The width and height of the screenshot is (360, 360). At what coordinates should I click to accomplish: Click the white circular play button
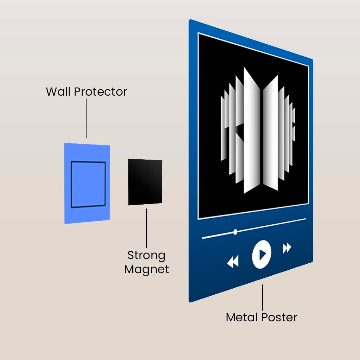click(x=262, y=254)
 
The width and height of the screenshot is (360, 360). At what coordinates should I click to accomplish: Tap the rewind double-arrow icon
click(x=233, y=262)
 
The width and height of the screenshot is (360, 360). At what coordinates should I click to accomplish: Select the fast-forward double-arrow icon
click(x=287, y=248)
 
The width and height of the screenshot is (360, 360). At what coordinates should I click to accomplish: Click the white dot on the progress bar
click(x=235, y=232)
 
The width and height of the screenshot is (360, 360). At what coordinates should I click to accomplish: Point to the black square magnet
click(x=145, y=182)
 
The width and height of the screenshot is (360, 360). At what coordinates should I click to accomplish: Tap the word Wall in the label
click(x=58, y=92)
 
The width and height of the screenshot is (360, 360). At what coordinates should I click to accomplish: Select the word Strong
click(x=146, y=255)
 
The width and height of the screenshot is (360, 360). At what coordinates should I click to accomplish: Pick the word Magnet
click(x=147, y=269)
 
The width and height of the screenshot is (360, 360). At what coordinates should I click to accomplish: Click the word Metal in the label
click(x=241, y=317)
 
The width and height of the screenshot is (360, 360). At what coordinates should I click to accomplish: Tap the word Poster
click(x=279, y=317)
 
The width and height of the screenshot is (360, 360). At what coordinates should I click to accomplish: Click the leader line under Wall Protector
click(x=87, y=118)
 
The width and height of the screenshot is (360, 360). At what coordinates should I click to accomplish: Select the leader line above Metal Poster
click(x=263, y=297)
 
